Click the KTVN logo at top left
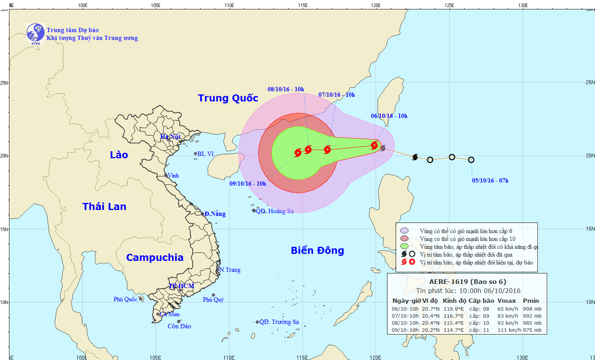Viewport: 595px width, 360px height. coord(35,33)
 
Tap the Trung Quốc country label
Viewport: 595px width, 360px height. coord(228,98)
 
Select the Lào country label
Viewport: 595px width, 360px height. coord(119,155)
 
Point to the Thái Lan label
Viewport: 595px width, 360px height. coord(104,206)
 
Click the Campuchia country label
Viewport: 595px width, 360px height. coord(155,257)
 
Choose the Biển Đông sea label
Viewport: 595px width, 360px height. coord(317,250)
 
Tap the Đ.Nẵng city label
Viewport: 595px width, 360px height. coord(215,214)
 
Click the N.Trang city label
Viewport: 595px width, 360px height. coord(230,270)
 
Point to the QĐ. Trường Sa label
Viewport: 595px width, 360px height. coord(279,322)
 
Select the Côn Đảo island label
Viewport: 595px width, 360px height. coord(179,326)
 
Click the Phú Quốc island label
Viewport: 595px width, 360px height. coord(125,299)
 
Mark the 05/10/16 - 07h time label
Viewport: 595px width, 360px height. coord(490,181)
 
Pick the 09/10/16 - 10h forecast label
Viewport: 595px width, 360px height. coord(248,184)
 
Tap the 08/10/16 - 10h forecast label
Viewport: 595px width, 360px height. coord(286,89)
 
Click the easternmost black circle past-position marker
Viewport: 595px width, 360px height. coord(471,160)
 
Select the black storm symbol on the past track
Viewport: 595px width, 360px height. coord(415,157)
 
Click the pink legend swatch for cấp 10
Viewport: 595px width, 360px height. coord(405,239)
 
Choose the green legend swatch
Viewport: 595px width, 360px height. coord(405,246)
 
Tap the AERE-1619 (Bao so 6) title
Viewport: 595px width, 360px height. coord(468,282)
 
